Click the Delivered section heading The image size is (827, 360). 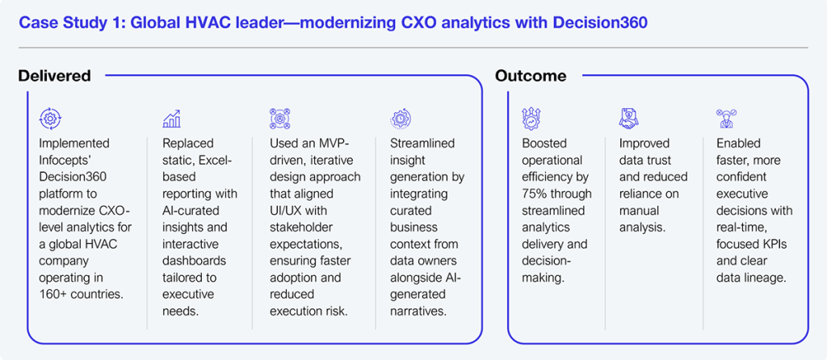pos(54,76)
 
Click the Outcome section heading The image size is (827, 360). pos(531,76)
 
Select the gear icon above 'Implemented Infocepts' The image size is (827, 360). pos(51,119)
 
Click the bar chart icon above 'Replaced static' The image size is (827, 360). pos(172,119)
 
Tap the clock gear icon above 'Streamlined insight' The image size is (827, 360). pos(400,119)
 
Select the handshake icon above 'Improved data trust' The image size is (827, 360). pos(628,119)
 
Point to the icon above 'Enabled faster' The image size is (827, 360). pos(726,119)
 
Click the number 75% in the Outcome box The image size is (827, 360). pos(533,194)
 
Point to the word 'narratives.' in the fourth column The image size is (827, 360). pos(418,311)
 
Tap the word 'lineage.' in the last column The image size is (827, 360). pos(765,277)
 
